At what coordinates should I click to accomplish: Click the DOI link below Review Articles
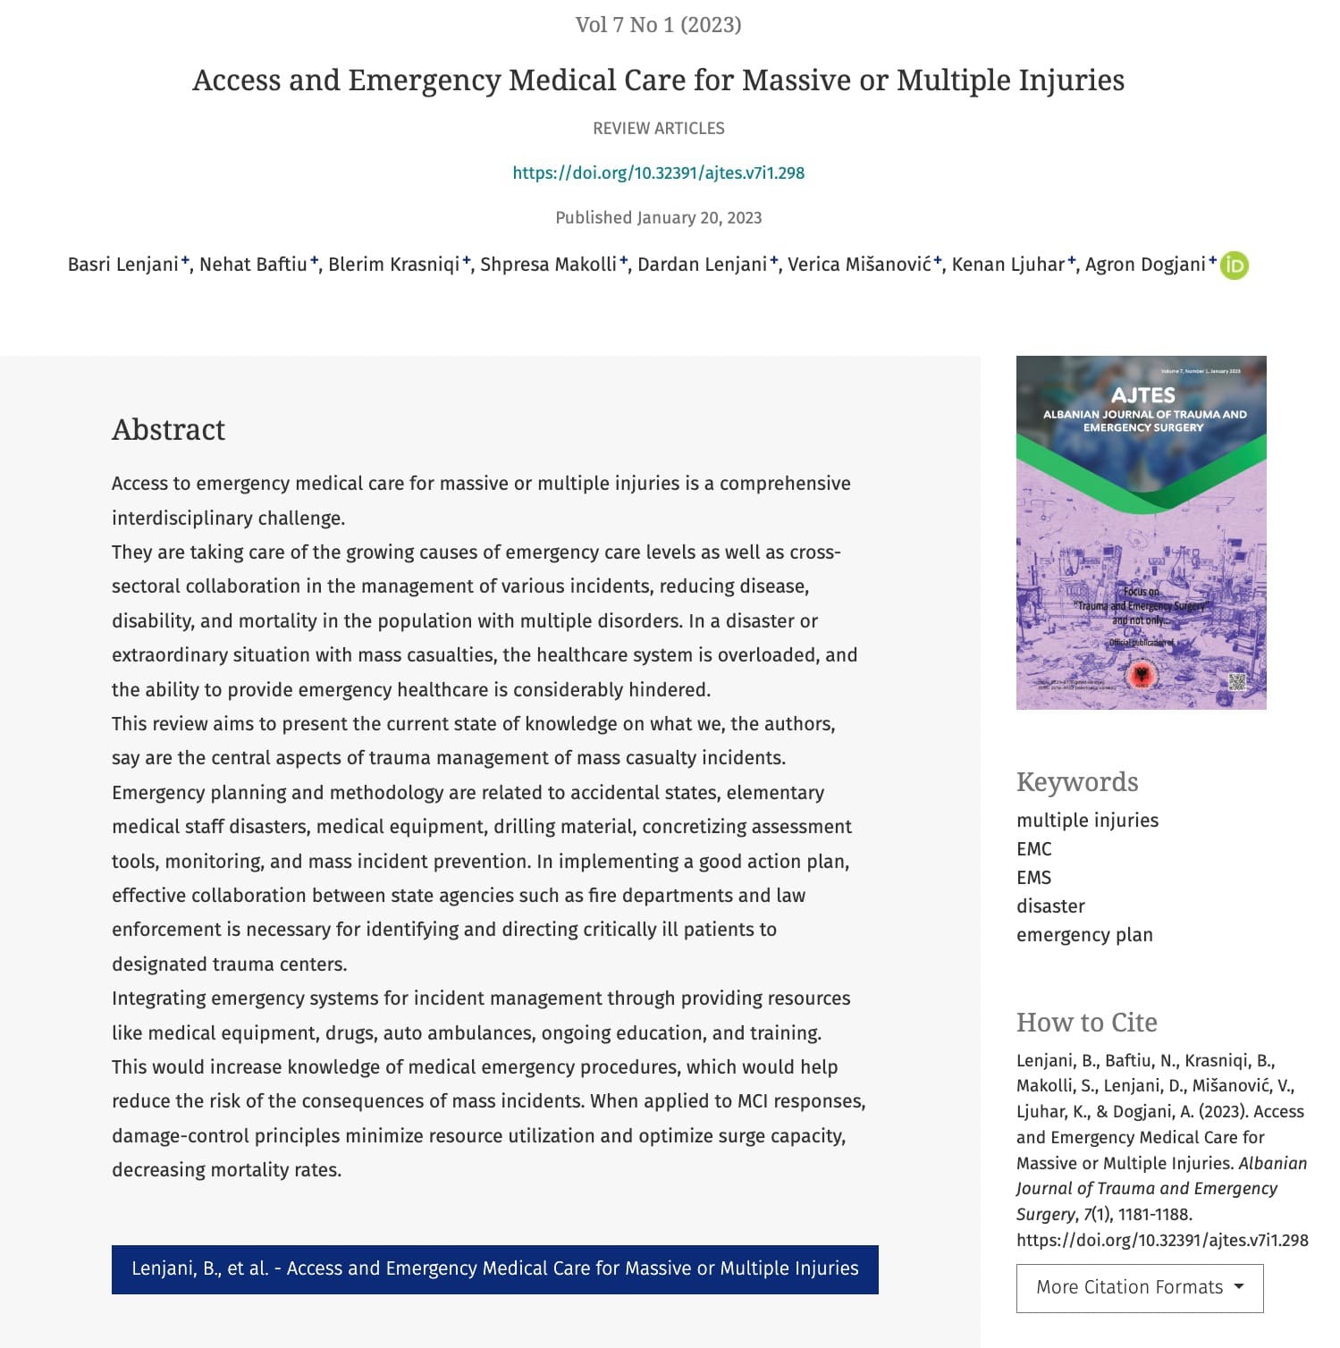coord(658,173)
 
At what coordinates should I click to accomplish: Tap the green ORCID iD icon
coord(1235,265)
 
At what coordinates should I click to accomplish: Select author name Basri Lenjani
coord(123,265)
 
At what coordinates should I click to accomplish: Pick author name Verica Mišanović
coord(858,265)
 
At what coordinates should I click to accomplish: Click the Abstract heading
coord(168,430)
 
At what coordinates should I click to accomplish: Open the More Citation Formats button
coord(1139,1287)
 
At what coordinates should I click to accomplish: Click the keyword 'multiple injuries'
coord(1087,821)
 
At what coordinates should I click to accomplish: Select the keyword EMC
coord(1033,849)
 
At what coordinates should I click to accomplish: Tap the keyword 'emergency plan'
coord(1084,935)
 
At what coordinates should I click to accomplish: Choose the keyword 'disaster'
coord(1050,906)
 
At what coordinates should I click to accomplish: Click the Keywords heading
coord(1077,782)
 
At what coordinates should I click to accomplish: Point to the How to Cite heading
coord(1086,1023)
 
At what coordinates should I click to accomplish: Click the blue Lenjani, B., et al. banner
coord(494,1268)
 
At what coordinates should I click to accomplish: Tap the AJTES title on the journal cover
coord(1142,395)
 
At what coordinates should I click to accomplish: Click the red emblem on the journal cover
coord(1142,674)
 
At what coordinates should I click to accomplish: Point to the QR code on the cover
coord(1236,682)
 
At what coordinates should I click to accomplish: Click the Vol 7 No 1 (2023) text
coord(658,25)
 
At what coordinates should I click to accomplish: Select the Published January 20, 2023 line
coord(658,218)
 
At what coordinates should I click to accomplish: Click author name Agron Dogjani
coord(1144,265)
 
